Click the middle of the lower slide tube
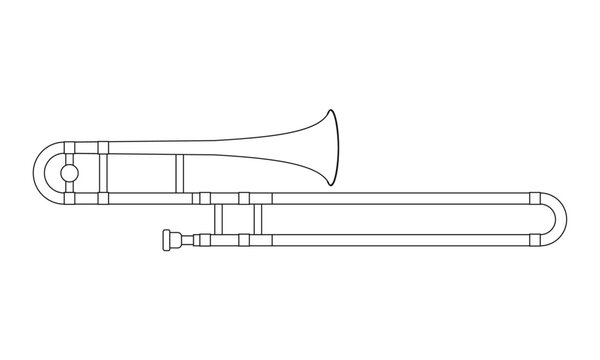(400, 239)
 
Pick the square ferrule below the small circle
(68, 198)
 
